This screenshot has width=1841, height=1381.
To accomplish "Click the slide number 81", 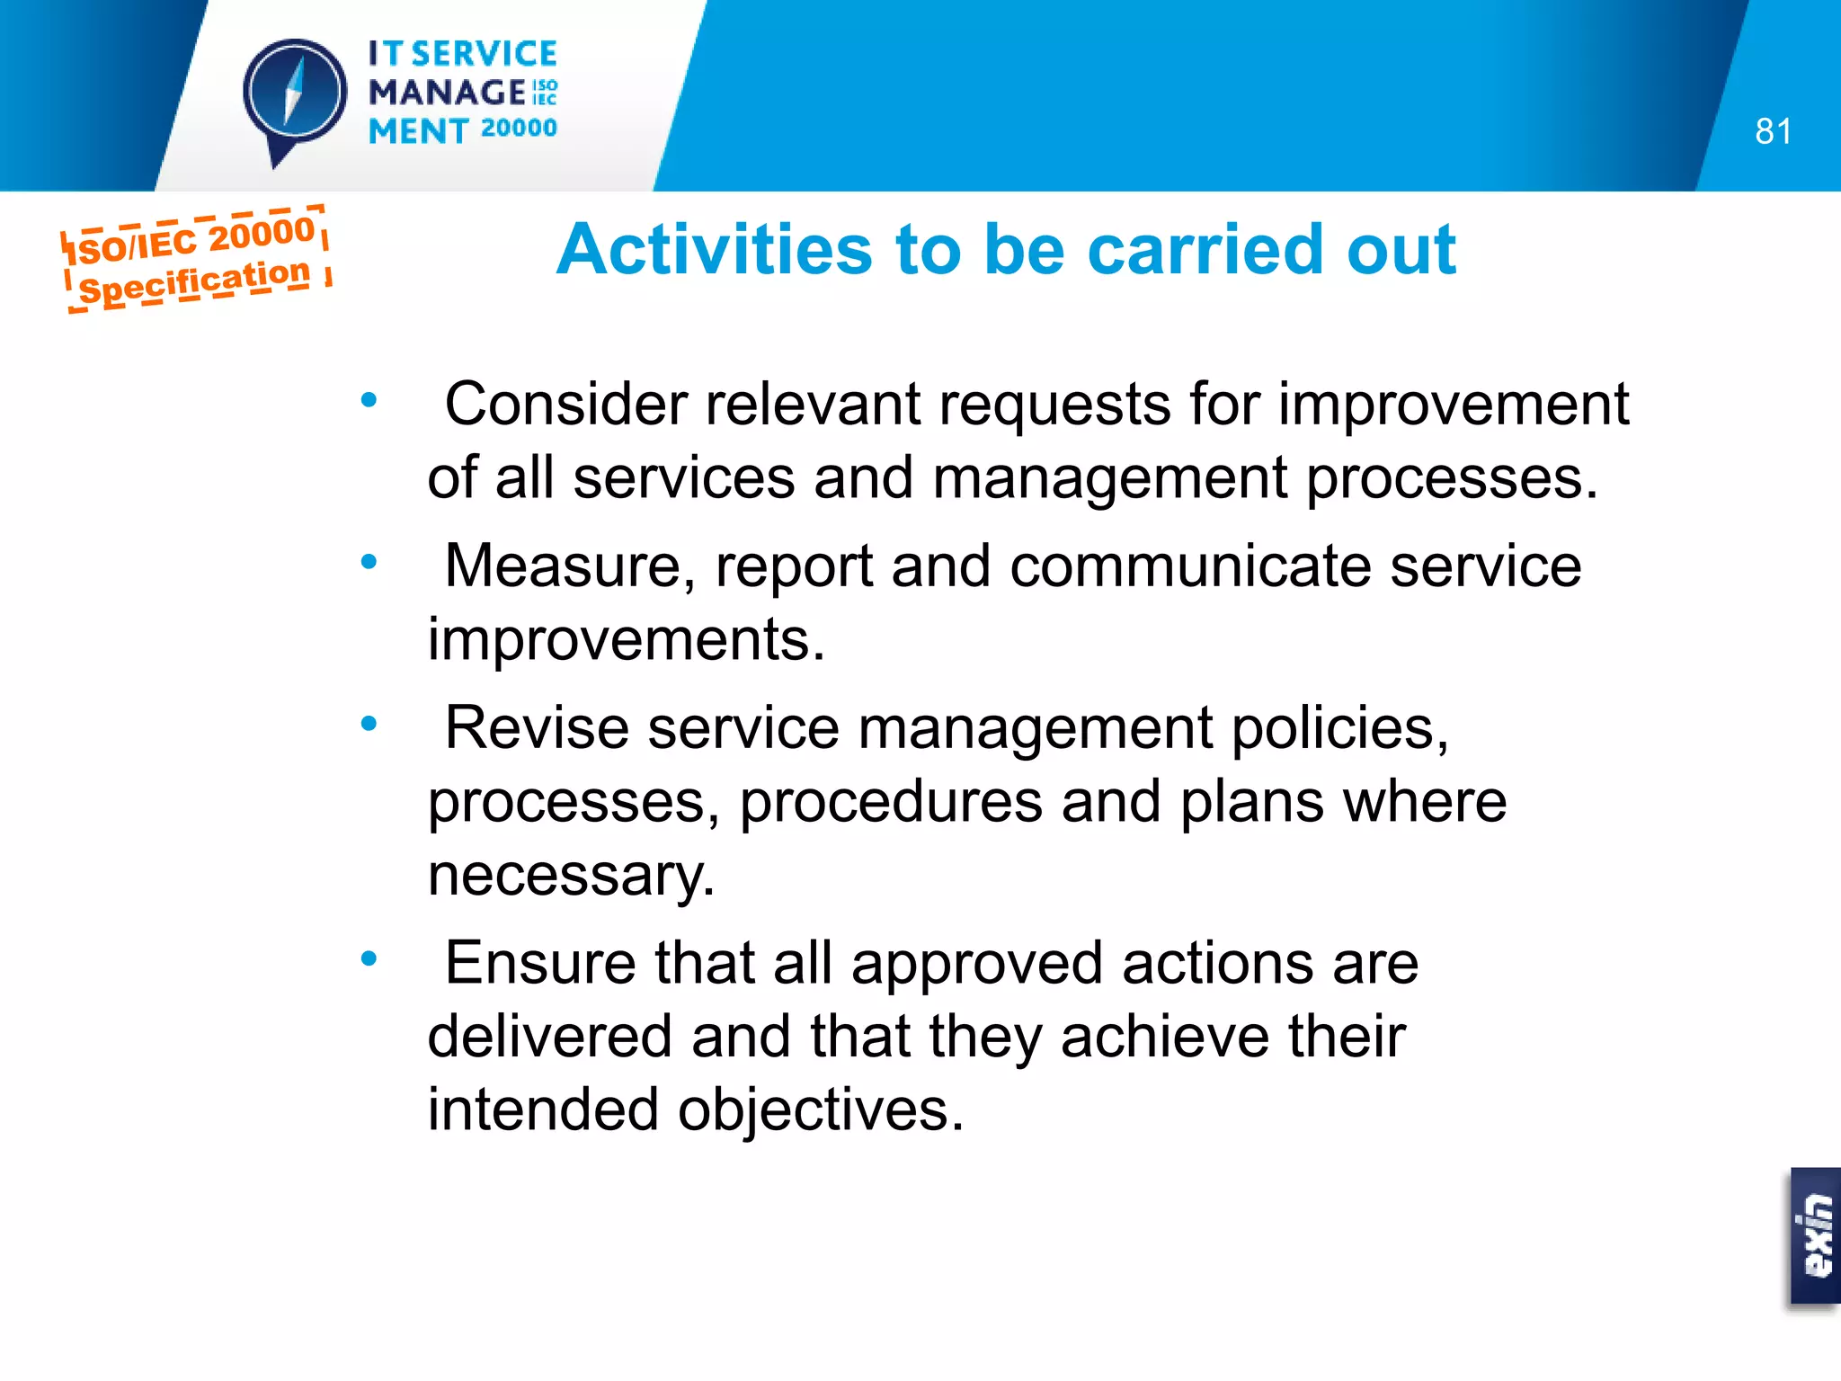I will pos(1773,132).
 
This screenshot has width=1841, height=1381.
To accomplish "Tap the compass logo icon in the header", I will pos(295,95).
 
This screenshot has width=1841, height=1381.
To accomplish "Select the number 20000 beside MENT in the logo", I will pos(519,129).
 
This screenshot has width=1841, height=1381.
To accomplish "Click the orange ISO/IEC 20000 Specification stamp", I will pos(195,259).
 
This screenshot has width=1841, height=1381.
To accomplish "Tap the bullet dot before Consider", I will pos(369,400).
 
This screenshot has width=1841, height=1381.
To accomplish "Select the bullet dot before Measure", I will pos(369,563).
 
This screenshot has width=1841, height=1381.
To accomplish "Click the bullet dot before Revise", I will pos(369,724).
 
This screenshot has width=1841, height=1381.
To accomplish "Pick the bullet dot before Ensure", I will pos(369,959).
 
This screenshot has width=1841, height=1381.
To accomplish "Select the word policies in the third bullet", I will pos(1339,727).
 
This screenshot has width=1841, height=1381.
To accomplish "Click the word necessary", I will pos(570,875).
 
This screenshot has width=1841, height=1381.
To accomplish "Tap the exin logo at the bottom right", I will pos(1816,1236).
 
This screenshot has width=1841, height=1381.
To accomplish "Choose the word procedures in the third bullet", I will pos(891,801).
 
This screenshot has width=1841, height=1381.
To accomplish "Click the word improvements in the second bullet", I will pos(626,639).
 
